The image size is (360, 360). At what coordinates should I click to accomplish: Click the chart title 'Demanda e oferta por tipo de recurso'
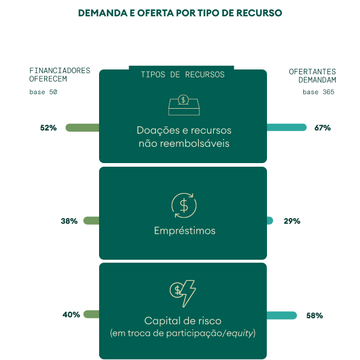pyautogui.click(x=180, y=13)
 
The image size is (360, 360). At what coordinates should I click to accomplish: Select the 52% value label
pyautogui.click(x=48, y=127)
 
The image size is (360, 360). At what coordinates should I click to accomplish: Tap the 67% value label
pyautogui.click(x=323, y=127)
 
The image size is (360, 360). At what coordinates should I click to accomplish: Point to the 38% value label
pyautogui.click(x=69, y=221)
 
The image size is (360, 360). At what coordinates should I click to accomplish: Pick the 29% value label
pyautogui.click(x=292, y=221)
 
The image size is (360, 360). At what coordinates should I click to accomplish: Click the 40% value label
pyautogui.click(x=71, y=314)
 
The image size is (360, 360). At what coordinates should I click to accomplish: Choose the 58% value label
pyautogui.click(x=315, y=315)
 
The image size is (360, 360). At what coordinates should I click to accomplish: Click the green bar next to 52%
pyautogui.click(x=82, y=127)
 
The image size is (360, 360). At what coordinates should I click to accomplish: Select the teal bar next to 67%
pyautogui.click(x=287, y=127)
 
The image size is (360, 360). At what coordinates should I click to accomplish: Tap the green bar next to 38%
pyautogui.click(x=91, y=220)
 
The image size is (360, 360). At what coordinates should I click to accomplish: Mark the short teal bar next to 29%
pyautogui.click(x=270, y=220)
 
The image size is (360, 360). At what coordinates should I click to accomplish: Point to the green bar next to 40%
pyautogui.click(x=91, y=314)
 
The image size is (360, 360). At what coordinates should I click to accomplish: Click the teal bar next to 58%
pyautogui.click(x=282, y=315)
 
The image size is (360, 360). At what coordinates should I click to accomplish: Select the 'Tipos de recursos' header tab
pyautogui.click(x=182, y=74)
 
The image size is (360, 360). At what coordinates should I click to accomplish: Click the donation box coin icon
pyautogui.click(x=184, y=104)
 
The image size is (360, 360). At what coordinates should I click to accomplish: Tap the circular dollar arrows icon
pyautogui.click(x=184, y=205)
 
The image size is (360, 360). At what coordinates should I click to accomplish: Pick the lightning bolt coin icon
pyautogui.click(x=183, y=294)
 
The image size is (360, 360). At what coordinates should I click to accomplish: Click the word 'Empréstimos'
pyautogui.click(x=185, y=231)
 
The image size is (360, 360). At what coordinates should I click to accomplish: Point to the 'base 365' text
pyautogui.click(x=318, y=92)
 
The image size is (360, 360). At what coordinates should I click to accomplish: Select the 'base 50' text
pyautogui.click(x=43, y=92)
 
